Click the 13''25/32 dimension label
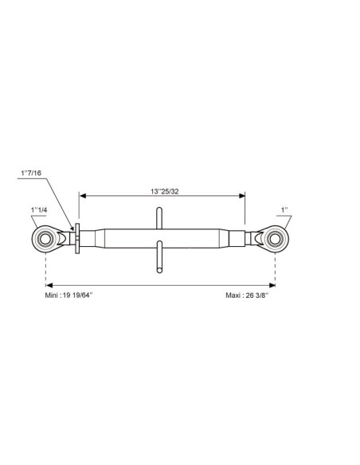(165, 192)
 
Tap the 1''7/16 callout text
(31, 173)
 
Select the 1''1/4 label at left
(39, 210)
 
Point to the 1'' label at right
(284, 210)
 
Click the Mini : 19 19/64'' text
(68, 295)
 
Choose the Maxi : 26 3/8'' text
(247, 295)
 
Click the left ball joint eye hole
(45, 239)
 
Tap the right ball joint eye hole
(275, 239)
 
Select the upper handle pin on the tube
(159, 218)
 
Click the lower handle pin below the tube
(159, 256)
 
